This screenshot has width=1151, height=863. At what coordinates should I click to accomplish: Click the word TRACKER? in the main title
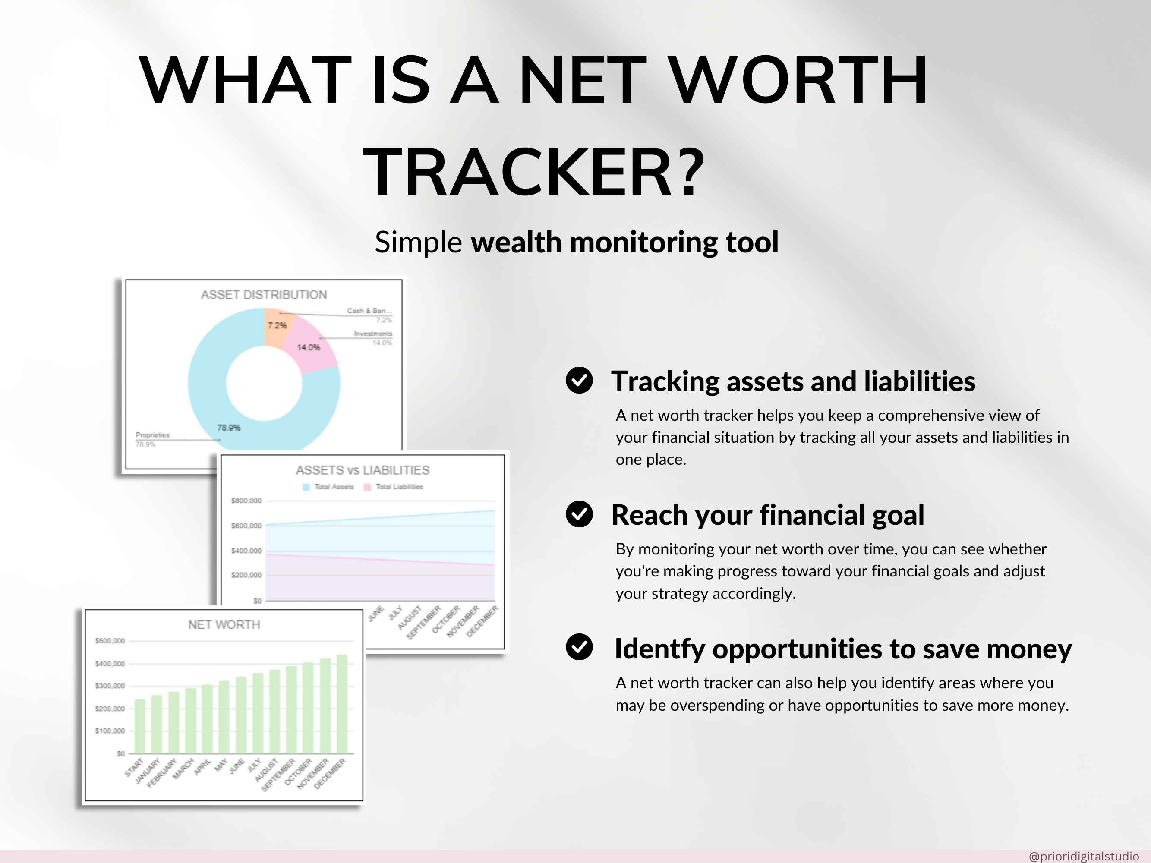click(533, 173)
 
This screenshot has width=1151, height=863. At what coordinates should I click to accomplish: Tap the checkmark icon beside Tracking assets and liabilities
click(579, 380)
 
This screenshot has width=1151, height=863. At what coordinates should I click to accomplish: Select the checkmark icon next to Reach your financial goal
click(579, 514)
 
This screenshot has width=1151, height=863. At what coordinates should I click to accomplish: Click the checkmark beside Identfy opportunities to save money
click(579, 647)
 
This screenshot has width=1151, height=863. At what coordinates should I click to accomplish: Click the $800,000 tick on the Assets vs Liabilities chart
click(246, 501)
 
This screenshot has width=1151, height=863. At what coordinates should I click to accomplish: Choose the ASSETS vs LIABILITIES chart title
click(363, 470)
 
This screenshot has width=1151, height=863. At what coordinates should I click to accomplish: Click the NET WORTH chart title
click(224, 624)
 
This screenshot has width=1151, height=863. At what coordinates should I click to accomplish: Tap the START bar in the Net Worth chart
click(140, 726)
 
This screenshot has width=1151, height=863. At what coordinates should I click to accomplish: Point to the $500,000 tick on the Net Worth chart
click(110, 641)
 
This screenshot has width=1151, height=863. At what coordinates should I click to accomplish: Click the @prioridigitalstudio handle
click(1083, 856)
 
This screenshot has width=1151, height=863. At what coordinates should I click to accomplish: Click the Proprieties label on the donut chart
click(152, 435)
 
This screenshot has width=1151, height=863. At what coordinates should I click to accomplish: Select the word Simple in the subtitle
click(418, 243)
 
